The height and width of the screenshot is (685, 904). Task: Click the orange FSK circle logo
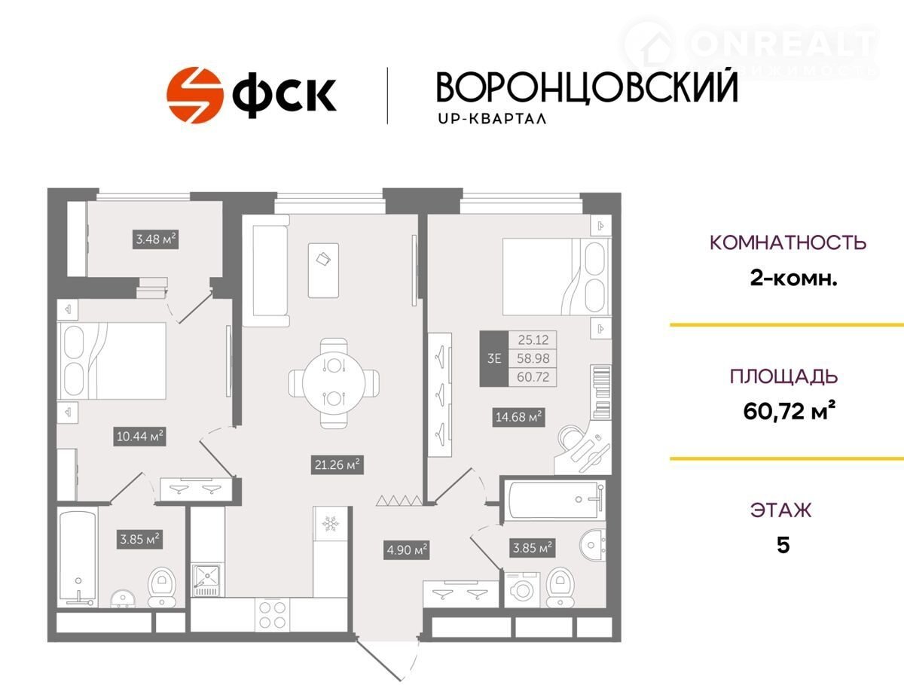coord(195,95)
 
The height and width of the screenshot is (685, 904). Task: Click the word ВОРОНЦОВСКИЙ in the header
coord(587,87)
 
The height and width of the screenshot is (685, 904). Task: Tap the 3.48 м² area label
coord(156,239)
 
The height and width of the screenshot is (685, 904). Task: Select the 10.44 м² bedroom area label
coord(139,436)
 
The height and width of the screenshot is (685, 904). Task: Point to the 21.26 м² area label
coord(337,464)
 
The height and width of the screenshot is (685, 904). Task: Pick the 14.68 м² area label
coord(518,417)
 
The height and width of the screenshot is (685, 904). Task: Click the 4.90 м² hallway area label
coord(407,550)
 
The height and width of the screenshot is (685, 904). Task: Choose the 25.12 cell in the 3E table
coord(533,339)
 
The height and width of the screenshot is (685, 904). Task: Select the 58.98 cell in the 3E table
coord(533,358)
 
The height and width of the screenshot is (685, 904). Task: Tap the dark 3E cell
coord(494,358)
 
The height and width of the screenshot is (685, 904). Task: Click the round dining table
coord(334,382)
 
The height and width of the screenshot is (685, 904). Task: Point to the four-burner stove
coord(272,614)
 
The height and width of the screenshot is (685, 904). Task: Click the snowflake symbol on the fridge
coord(330,524)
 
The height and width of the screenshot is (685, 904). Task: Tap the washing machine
coord(522,590)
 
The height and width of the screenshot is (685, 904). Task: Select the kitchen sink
coord(206,580)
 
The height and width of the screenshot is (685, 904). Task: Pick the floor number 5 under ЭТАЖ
coord(783,546)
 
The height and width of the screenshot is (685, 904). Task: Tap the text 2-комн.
coord(793,279)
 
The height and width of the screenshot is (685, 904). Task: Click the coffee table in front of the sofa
coord(323,270)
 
